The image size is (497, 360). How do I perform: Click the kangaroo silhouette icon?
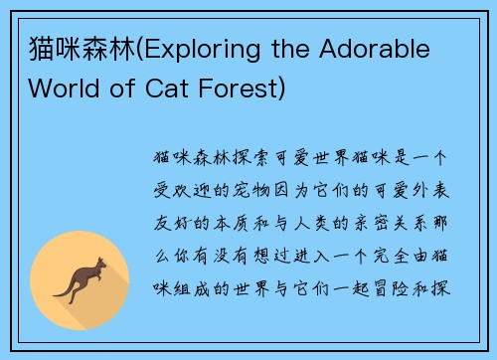(x=79, y=279)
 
